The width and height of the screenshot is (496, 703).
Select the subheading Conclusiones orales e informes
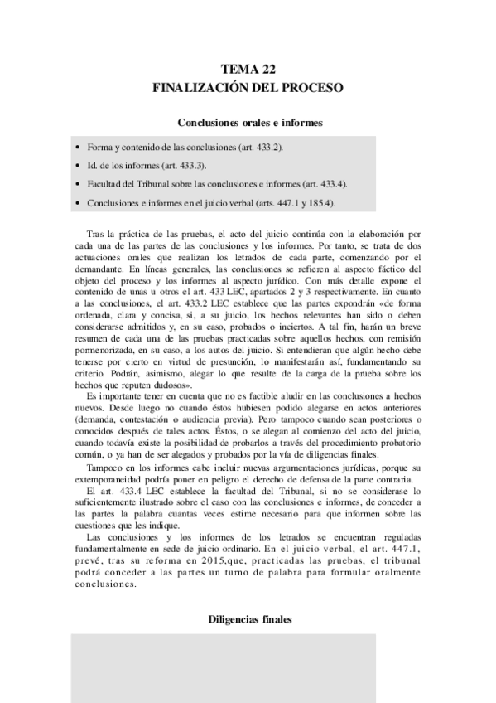tap(249, 122)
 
